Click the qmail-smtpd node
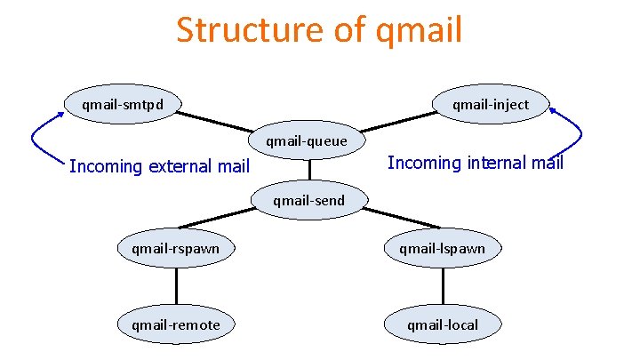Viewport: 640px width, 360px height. click(122, 104)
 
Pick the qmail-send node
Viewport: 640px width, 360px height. click(309, 200)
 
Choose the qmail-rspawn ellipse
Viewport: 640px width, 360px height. click(176, 248)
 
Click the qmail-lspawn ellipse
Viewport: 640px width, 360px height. click(442, 248)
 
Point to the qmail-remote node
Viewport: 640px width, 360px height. click(176, 324)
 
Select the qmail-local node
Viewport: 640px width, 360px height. click(442, 324)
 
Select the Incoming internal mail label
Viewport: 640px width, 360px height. click(476, 163)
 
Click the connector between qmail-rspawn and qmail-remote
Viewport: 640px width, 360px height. click(176, 286)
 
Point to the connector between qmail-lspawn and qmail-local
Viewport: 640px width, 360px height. click(442, 286)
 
